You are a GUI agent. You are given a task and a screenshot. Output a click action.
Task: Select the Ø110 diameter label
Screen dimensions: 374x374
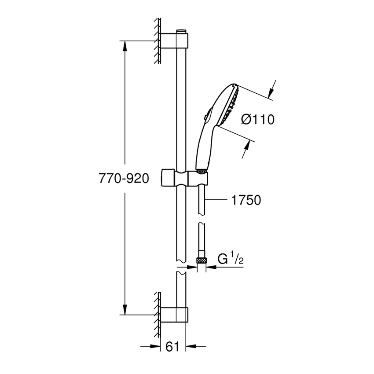258,119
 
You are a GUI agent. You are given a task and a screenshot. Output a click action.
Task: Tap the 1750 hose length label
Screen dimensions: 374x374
246,200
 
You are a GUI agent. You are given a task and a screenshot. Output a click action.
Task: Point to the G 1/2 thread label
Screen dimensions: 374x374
231,260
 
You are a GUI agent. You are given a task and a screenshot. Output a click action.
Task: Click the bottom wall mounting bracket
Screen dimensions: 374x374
176,315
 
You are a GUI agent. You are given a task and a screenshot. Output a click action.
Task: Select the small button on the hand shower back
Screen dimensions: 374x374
205,116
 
